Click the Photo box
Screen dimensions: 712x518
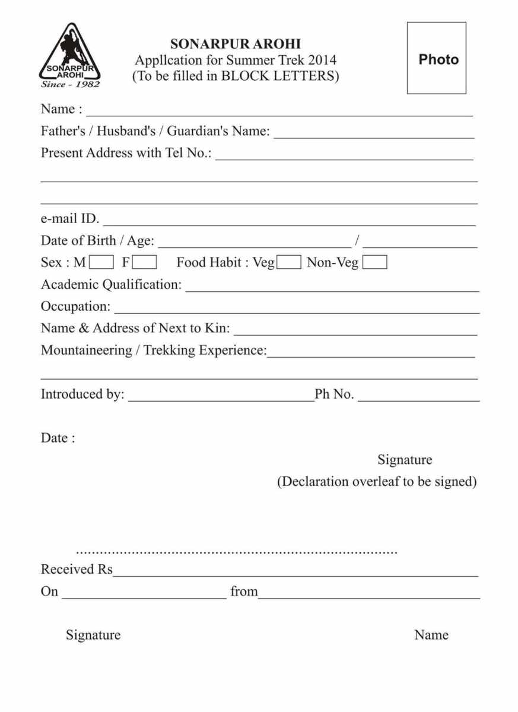click(x=436, y=58)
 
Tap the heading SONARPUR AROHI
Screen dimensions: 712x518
click(x=235, y=44)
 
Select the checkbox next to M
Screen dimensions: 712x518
click(x=102, y=262)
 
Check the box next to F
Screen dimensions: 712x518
click(x=145, y=262)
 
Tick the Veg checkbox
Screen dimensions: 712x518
click(x=290, y=262)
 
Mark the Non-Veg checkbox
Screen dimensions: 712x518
click(x=375, y=262)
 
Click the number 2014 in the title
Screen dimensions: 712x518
click(x=322, y=60)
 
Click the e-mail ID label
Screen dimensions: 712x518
click(x=69, y=218)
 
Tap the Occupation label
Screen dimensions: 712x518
click(x=75, y=307)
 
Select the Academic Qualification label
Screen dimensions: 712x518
click(x=111, y=285)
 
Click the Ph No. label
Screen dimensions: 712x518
click(x=334, y=394)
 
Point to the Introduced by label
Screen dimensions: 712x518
click(x=82, y=394)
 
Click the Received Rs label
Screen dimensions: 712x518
click(x=76, y=570)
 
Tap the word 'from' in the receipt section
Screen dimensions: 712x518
click(x=244, y=592)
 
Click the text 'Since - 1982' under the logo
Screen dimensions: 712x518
click(x=70, y=84)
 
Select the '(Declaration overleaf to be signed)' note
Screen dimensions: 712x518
click(x=377, y=481)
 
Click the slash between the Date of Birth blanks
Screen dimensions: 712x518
click(x=357, y=241)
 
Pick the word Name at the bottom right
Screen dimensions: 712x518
click(x=431, y=635)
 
